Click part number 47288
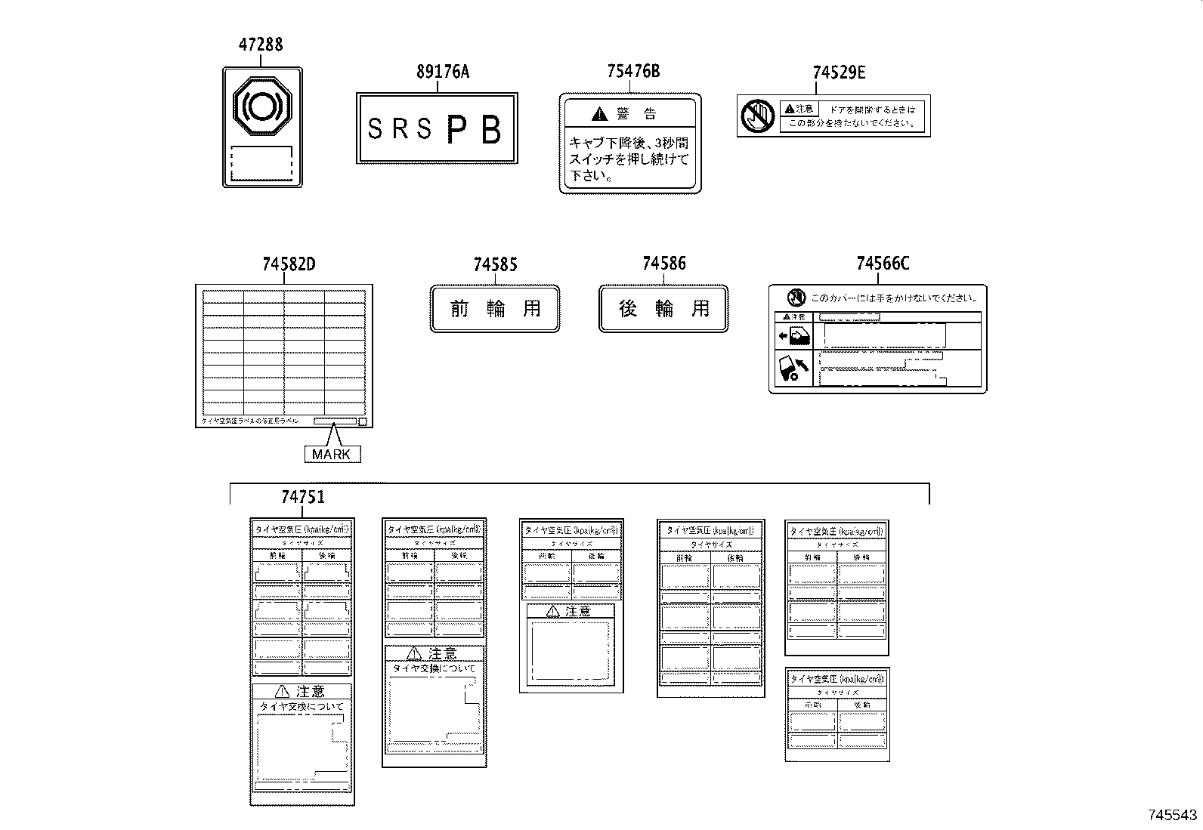point(261,45)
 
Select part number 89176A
point(442,72)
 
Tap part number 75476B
point(633,71)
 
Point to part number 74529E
point(839,73)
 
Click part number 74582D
point(289,264)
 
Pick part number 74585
point(495,265)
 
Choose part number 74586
point(663,264)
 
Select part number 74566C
point(883,264)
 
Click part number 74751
point(303,497)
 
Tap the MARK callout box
point(332,454)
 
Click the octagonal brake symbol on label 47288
point(262,106)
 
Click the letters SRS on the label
point(400,130)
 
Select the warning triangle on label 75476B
point(598,114)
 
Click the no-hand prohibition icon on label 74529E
point(757,116)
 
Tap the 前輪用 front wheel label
point(495,308)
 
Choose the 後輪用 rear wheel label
point(663,308)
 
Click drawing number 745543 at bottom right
point(1172,815)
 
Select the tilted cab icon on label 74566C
point(793,368)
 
